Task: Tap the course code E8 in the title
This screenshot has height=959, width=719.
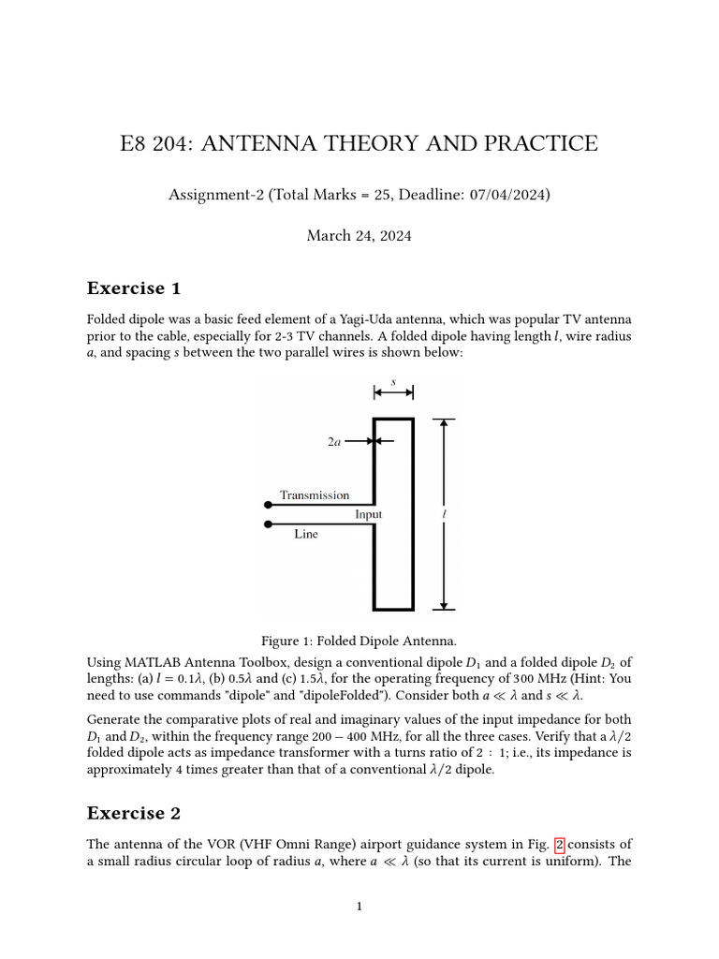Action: [x=135, y=143]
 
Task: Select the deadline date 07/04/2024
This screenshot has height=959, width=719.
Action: [x=509, y=195]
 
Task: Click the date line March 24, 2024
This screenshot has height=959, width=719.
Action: [x=359, y=236]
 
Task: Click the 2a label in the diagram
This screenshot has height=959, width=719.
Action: [x=334, y=441]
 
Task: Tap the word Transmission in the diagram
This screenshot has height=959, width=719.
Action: [x=315, y=495]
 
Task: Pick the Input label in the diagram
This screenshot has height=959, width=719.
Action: [x=368, y=514]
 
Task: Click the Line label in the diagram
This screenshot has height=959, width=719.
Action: [x=305, y=534]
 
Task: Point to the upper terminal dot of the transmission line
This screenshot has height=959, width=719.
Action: [x=269, y=505]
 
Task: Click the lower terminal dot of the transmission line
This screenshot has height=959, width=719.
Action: [x=269, y=524]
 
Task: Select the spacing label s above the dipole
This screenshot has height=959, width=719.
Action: [x=393, y=381]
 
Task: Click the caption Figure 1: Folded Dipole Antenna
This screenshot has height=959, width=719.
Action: [x=359, y=641]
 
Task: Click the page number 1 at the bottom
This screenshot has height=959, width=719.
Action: [x=359, y=906]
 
